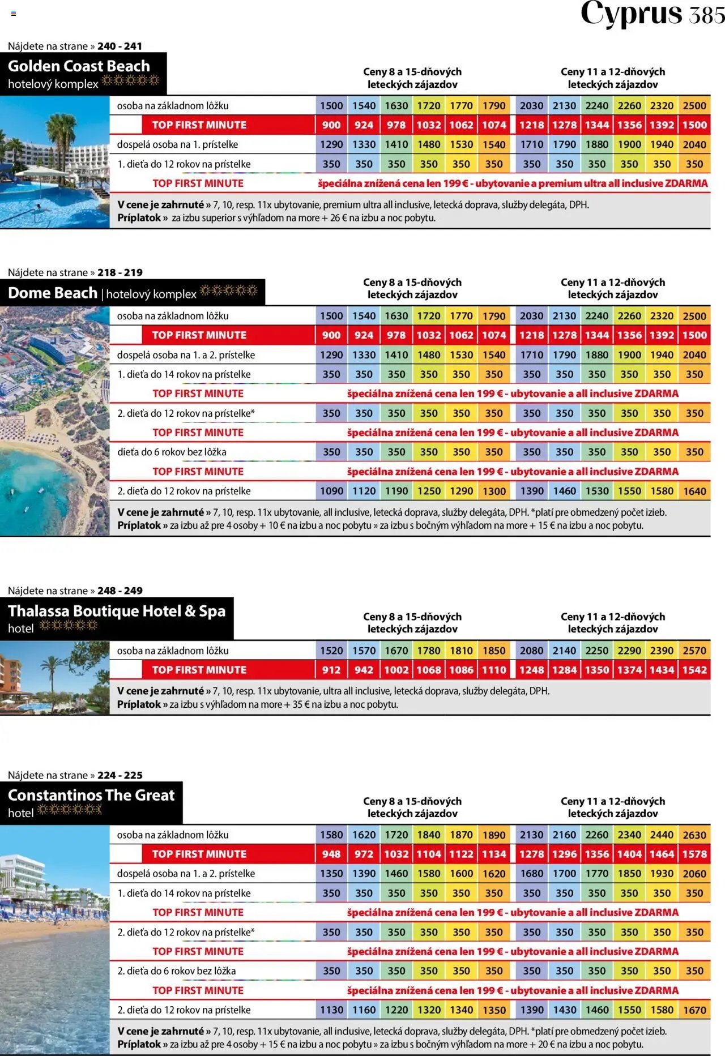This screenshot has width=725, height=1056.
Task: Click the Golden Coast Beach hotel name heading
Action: tap(79, 66)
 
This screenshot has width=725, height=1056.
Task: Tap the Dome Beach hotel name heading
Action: tap(53, 293)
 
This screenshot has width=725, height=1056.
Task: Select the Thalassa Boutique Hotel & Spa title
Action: tap(117, 611)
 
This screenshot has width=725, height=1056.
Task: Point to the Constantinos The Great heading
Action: tap(91, 795)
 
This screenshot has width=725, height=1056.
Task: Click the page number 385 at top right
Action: tap(707, 14)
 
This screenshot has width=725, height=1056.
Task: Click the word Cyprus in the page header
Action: tap(631, 14)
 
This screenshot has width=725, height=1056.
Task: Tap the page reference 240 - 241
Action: tap(120, 46)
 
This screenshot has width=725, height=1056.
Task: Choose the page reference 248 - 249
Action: tap(120, 591)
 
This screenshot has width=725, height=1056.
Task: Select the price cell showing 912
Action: tap(331, 670)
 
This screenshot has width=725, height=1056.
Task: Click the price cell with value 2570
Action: tap(694, 651)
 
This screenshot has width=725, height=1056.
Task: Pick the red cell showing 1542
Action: tap(694, 670)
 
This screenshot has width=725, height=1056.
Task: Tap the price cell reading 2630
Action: tap(694, 835)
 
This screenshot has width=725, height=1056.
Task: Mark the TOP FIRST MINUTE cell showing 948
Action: tap(331, 854)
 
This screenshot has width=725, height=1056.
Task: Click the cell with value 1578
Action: tap(694, 854)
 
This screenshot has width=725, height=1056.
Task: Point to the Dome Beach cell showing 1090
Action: tap(331, 491)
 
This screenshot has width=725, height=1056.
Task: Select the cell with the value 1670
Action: tap(694, 1010)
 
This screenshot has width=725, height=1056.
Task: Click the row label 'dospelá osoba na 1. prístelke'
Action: tap(177, 144)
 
